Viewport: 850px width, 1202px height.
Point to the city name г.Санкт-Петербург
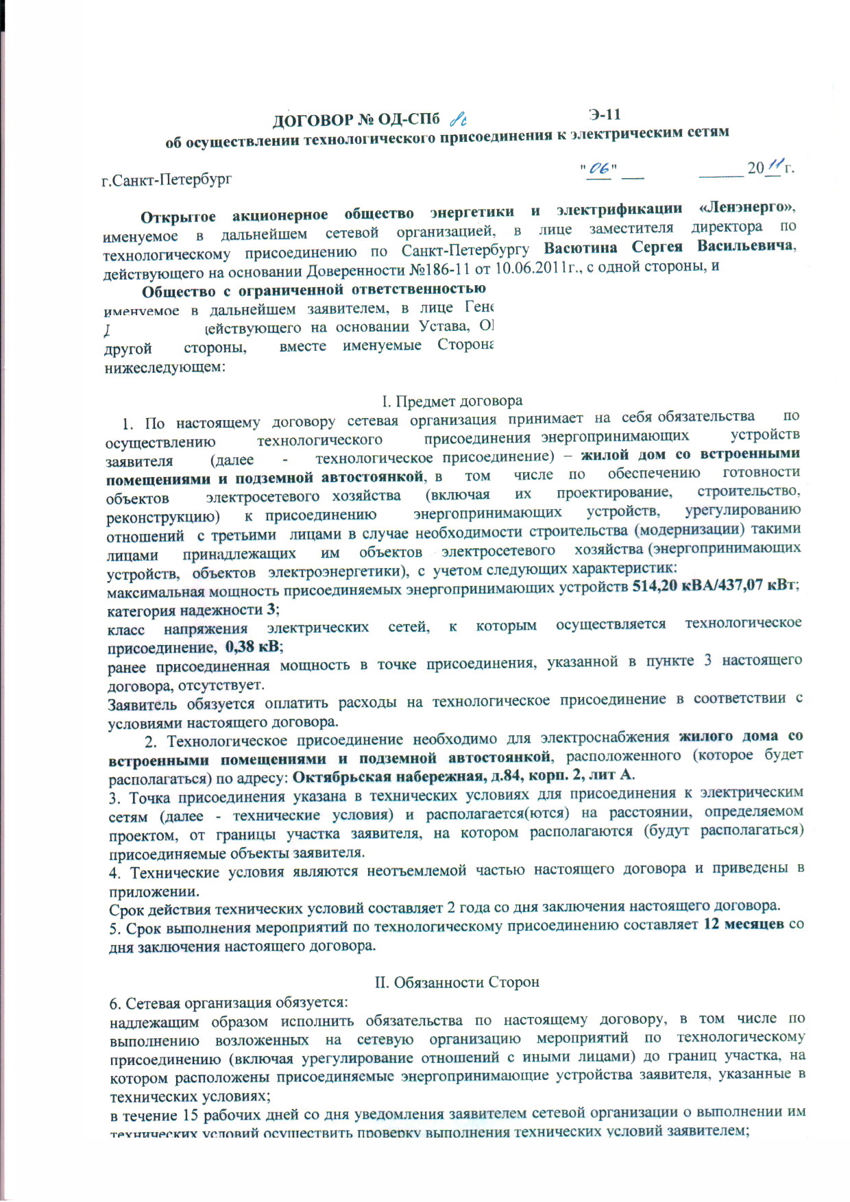pos(167,180)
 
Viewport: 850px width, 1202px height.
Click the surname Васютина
pos(580,247)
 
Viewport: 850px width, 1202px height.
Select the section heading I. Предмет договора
pos(452,401)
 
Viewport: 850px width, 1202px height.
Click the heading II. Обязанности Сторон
pos(457,982)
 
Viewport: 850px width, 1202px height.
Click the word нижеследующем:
pos(164,367)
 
